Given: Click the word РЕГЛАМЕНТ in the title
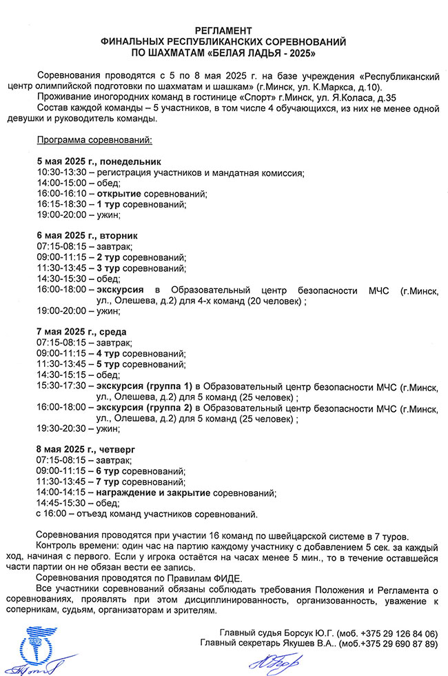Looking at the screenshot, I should point(223,31).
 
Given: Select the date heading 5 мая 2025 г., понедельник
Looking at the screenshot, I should point(89,161).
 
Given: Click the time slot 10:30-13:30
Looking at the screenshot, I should point(62,172).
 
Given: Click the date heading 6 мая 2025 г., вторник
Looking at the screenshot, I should point(81,236).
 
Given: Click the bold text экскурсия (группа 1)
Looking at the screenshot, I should point(144,386).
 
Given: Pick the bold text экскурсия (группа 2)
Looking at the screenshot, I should point(144,407).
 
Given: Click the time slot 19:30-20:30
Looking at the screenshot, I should point(62,428).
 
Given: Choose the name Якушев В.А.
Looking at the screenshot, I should point(292,644).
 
